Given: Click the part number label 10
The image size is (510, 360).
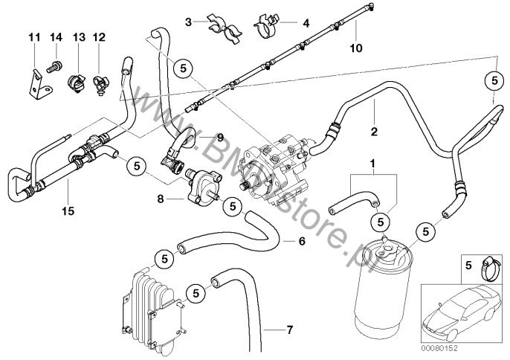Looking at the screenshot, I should pos(356,49).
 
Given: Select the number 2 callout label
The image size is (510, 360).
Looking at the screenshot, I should pos(375,132).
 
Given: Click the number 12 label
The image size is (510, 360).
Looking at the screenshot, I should pos(100,36).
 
